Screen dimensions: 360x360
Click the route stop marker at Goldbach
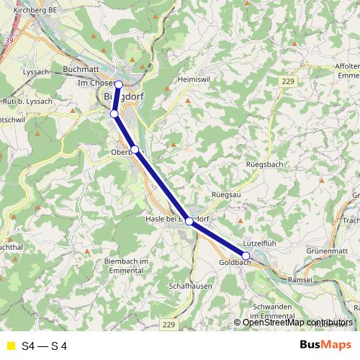246,256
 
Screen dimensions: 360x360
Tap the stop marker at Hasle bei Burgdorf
189,221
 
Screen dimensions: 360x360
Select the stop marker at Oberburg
135,149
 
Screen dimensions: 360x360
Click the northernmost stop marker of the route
119,84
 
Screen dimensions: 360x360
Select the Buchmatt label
80,69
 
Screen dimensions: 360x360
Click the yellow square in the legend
10,346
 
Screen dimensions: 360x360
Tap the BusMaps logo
324,345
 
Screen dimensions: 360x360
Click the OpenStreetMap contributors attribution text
297,322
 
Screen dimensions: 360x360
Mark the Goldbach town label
233,264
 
